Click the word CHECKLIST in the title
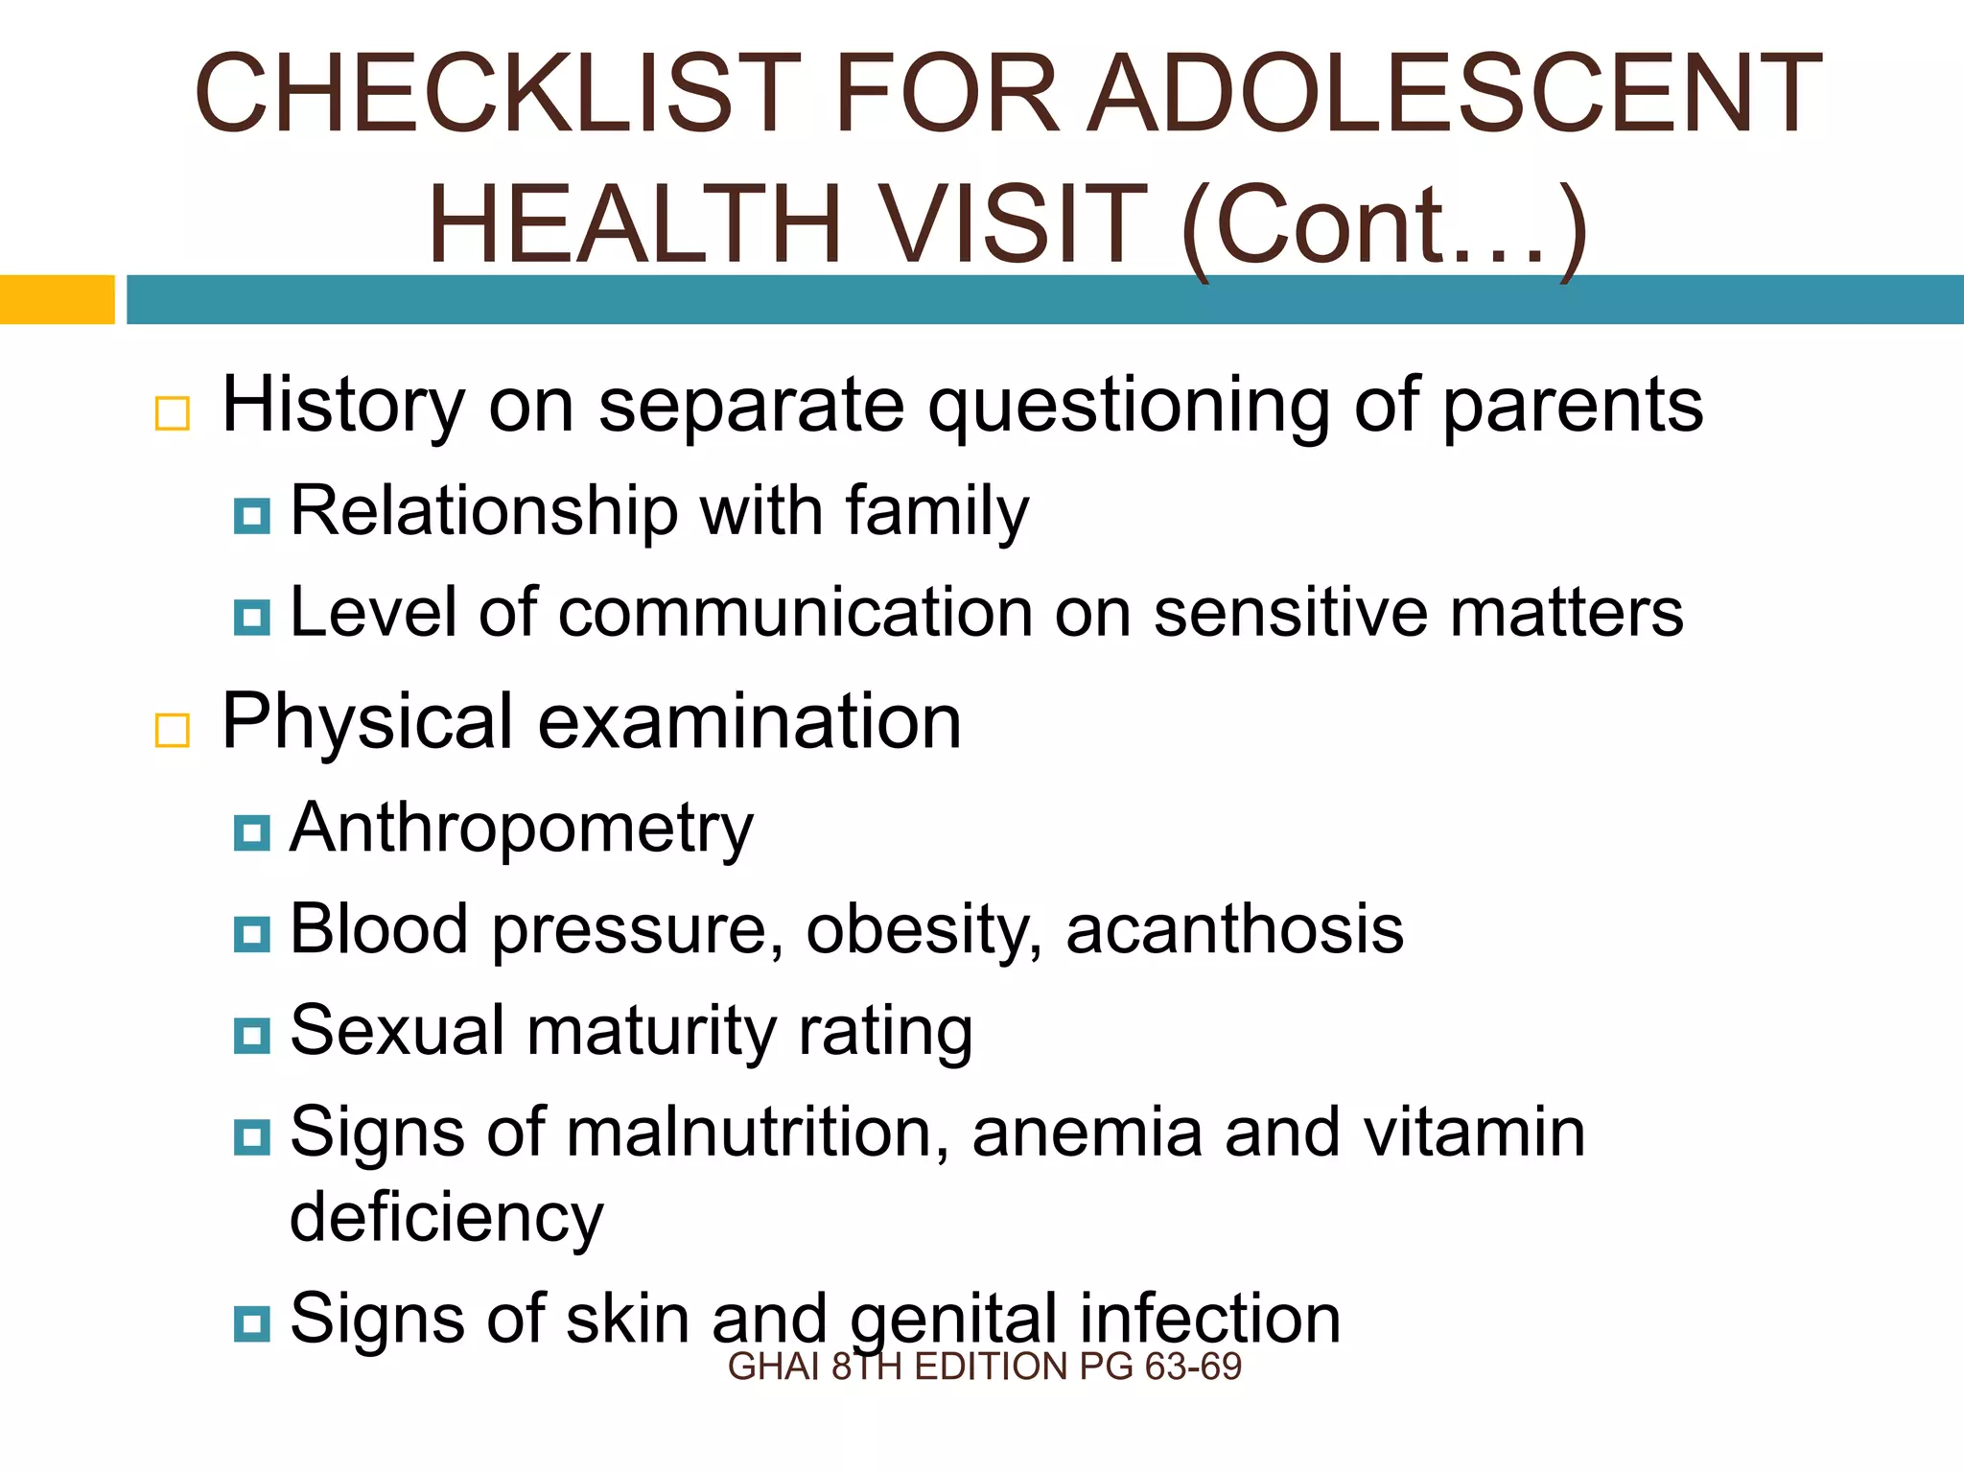(x=498, y=94)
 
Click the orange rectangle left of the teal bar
(x=57, y=299)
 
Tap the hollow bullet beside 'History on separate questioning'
(x=173, y=413)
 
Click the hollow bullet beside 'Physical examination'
(x=173, y=730)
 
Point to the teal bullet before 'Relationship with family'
(x=252, y=516)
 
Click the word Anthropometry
(x=522, y=829)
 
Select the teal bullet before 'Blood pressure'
(x=252, y=933)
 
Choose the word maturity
(x=651, y=1032)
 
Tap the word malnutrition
(x=758, y=1133)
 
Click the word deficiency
(x=447, y=1218)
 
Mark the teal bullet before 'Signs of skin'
(x=252, y=1323)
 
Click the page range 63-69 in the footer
(x=1193, y=1367)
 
